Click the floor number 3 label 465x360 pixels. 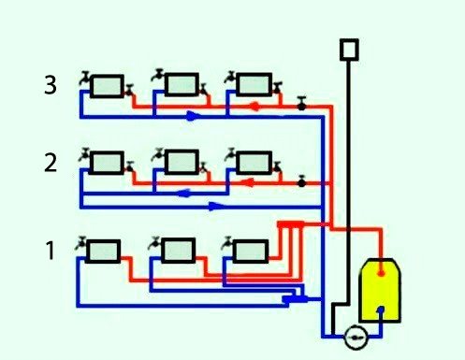pyautogui.click(x=51, y=85)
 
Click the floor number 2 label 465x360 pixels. pyautogui.click(x=51, y=163)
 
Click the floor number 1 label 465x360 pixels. pyautogui.click(x=50, y=250)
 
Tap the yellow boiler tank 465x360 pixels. pyautogui.click(x=381, y=292)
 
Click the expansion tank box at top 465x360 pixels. pyautogui.click(x=349, y=48)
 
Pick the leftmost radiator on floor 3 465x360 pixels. pyautogui.click(x=109, y=85)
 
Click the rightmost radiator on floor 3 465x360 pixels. pyautogui.click(x=252, y=85)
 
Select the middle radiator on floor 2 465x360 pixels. pyautogui.click(x=180, y=163)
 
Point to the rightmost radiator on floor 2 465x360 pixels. pyautogui.click(x=252, y=163)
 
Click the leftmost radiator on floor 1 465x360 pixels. pyautogui.click(x=105, y=251)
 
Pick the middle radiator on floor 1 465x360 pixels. pyautogui.click(x=177, y=251)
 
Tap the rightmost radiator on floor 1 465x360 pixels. pyautogui.click(x=249, y=251)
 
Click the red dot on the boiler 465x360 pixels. pyautogui.click(x=382, y=272)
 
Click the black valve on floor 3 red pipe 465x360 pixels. pyautogui.click(x=301, y=105)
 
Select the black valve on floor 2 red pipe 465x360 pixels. pyautogui.click(x=301, y=181)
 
